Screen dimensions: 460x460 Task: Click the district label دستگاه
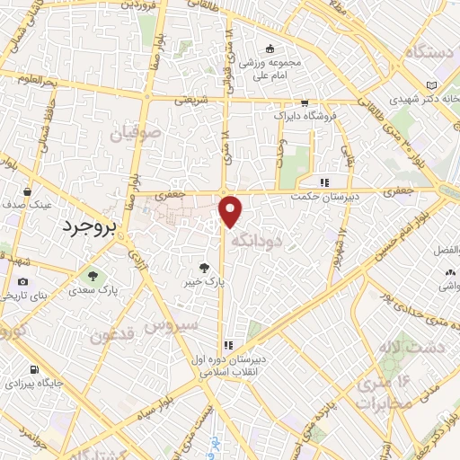coord(431,53)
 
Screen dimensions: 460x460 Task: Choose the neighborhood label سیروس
coord(175,325)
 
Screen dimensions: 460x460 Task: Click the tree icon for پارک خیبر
coord(207,267)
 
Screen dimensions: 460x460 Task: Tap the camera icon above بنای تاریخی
coord(22,282)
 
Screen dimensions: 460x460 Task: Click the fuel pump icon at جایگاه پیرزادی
coord(34,369)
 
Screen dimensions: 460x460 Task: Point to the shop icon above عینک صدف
coord(30,191)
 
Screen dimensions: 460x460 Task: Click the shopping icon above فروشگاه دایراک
coord(305,103)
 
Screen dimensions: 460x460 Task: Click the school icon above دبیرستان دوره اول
coord(228,345)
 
